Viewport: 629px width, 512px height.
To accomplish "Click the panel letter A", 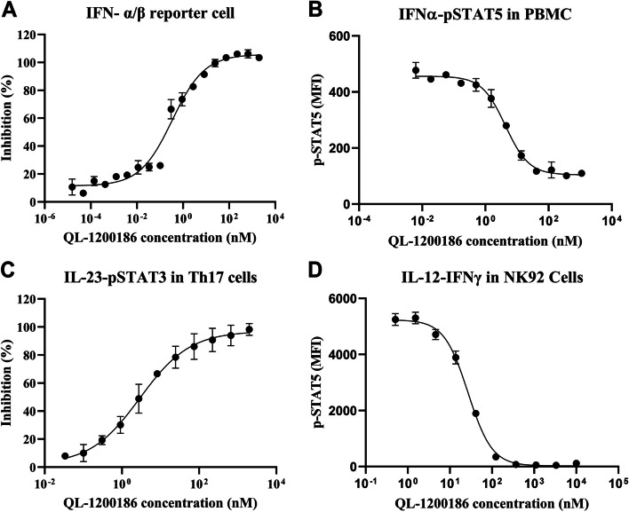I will [x=9, y=10].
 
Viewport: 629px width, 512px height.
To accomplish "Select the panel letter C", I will [x=9, y=272].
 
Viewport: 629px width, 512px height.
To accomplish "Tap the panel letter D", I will [x=323, y=272].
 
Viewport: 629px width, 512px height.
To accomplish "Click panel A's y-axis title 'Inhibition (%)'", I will [x=11, y=120].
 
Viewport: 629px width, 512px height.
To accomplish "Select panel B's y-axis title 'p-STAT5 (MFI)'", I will [x=322, y=120].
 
